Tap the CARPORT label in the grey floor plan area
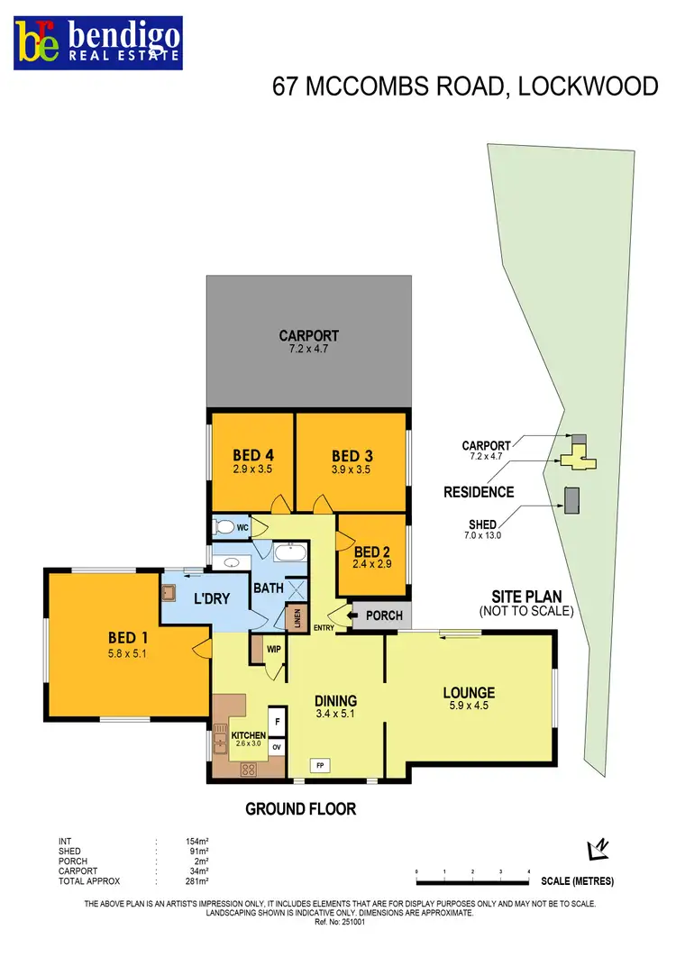(308, 336)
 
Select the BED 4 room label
(251, 454)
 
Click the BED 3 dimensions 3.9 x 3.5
(351, 469)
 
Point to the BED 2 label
(372, 552)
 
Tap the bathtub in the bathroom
(289, 553)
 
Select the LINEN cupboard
(296, 618)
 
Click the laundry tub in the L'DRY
(169, 592)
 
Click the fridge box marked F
(277, 722)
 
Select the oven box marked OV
(277, 747)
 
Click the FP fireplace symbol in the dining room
(319, 765)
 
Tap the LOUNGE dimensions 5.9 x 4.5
(469, 707)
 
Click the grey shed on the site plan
(571, 499)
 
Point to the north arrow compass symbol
(597, 849)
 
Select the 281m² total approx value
(196, 880)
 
